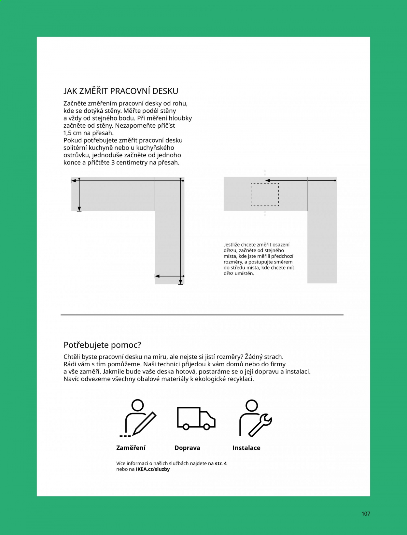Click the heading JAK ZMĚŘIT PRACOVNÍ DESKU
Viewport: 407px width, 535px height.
(x=121, y=91)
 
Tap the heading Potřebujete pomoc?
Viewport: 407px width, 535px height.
(x=102, y=345)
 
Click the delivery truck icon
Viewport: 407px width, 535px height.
(x=196, y=418)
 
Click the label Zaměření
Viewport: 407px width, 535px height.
(x=131, y=448)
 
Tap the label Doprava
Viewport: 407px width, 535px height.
(x=187, y=448)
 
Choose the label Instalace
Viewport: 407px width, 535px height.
(x=246, y=448)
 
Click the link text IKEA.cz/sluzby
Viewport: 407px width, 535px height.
(x=153, y=469)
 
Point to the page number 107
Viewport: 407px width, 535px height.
(x=366, y=514)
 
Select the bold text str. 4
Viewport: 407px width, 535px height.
(x=221, y=463)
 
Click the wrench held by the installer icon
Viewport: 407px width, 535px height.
(x=260, y=425)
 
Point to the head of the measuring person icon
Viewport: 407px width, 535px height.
(x=137, y=405)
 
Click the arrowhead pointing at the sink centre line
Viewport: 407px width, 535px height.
(x=267, y=180)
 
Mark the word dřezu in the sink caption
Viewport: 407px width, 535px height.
(x=230, y=250)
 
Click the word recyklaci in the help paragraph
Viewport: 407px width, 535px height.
(x=240, y=379)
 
